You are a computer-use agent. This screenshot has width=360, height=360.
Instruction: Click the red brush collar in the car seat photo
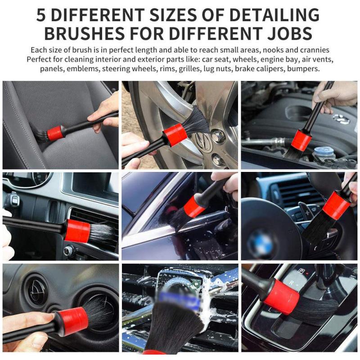[54, 133]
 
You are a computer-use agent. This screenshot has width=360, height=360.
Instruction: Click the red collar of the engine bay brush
[301, 140]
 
